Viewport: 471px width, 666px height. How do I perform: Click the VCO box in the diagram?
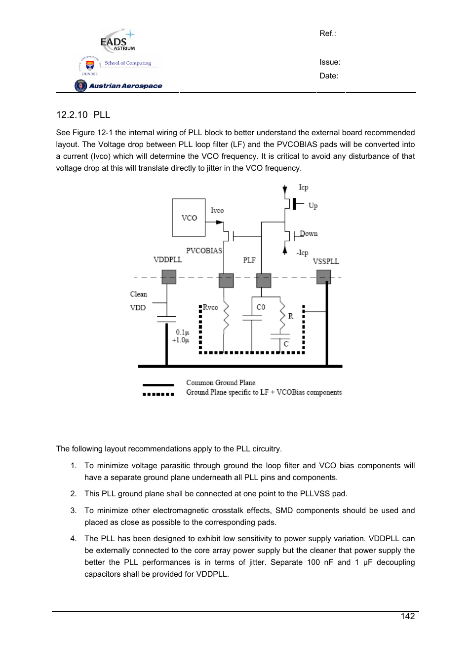(189, 218)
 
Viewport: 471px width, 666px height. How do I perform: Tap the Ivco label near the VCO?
(217, 211)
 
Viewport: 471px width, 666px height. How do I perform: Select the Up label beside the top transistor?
(313, 206)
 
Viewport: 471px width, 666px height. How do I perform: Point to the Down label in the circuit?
(309, 234)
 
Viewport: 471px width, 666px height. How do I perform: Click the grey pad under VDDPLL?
(169, 278)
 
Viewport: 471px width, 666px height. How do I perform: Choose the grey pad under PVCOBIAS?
(226, 280)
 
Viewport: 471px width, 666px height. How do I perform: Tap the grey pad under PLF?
(264, 280)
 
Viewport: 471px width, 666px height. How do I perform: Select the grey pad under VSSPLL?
(323, 277)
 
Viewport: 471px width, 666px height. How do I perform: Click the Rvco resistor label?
(210, 307)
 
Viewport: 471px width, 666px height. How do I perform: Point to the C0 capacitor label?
(261, 307)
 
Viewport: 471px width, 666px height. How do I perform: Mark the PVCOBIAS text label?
(204, 251)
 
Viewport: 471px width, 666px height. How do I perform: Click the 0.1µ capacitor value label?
(182, 332)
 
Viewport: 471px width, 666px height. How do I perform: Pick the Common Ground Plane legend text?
(221, 383)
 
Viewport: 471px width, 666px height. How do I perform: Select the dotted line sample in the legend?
(158, 394)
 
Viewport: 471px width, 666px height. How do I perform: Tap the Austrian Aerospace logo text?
(125, 86)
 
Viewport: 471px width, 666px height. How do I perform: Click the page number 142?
(408, 616)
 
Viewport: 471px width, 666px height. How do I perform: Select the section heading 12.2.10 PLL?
(83, 115)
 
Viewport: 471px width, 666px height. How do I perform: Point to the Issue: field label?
(330, 62)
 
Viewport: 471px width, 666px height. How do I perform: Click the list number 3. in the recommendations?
(73, 511)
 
